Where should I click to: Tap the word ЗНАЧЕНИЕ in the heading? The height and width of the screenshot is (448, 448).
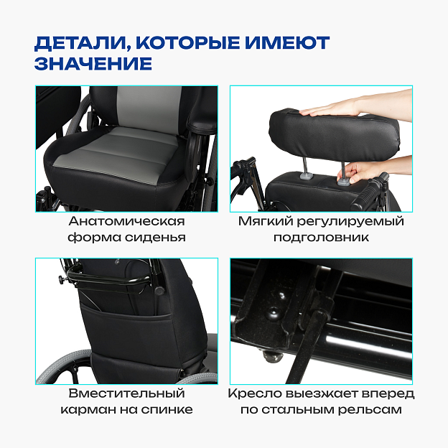click(x=93, y=63)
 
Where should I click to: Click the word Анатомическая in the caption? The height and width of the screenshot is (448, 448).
click(x=126, y=221)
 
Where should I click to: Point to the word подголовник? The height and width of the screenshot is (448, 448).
click(x=321, y=238)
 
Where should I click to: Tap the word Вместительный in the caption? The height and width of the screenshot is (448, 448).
click(x=126, y=393)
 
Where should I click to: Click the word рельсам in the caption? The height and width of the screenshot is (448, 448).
click(x=370, y=410)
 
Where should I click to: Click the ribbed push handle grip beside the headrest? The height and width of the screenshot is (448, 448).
click(x=370, y=192)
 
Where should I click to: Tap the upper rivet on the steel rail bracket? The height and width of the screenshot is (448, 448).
click(x=280, y=295)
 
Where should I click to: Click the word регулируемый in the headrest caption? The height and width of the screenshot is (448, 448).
click(x=350, y=222)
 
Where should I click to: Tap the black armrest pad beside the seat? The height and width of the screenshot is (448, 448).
click(x=202, y=123)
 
